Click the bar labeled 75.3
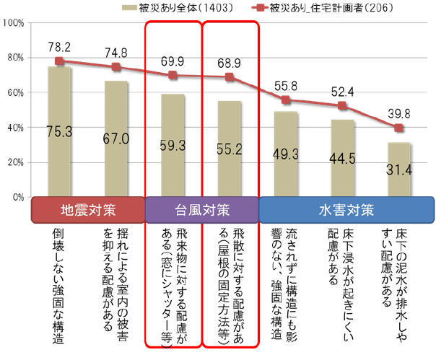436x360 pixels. point(59,132)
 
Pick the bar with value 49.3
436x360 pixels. point(286,154)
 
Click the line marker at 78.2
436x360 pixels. point(59,61)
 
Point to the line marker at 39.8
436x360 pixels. point(399,128)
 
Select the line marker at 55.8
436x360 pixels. point(286,100)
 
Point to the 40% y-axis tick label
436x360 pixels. point(15,128)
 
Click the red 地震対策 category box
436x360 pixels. point(87,211)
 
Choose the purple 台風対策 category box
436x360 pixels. point(201,211)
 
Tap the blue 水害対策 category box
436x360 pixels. point(344,211)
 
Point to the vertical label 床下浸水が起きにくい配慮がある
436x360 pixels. point(342,267)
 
